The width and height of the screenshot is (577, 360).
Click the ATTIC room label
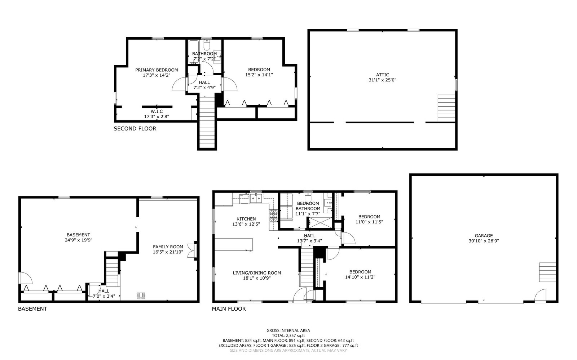(x=382, y=75)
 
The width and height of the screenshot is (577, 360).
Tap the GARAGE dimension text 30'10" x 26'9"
(x=484, y=241)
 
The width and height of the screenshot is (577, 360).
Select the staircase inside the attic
(x=446, y=108)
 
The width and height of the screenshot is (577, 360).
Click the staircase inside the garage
(x=547, y=272)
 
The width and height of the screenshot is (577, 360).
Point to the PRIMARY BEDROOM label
(x=157, y=70)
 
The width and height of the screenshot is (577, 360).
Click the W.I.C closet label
(x=157, y=111)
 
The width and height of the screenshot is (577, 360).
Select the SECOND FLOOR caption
(x=135, y=129)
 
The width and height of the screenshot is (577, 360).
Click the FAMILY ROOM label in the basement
(x=168, y=247)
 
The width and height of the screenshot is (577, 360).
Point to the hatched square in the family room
(x=141, y=295)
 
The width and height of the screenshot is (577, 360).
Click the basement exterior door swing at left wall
(x=26, y=278)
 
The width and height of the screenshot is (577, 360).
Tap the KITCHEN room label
(x=246, y=219)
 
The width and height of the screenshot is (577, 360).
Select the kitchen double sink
(x=256, y=198)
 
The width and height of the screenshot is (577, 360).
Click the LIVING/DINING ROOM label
(x=257, y=273)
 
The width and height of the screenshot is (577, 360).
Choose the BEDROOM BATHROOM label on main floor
(x=308, y=206)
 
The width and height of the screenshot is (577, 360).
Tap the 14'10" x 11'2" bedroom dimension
(x=360, y=277)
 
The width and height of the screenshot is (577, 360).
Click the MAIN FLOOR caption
(x=229, y=309)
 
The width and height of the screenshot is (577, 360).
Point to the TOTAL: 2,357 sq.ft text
(x=288, y=335)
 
